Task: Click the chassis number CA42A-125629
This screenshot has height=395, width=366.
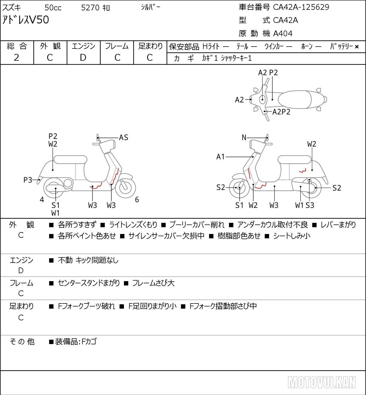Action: pyautogui.click(x=301, y=7)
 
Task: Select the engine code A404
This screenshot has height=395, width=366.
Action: pyautogui.click(x=283, y=34)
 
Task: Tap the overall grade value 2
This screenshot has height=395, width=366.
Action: pyautogui.click(x=16, y=57)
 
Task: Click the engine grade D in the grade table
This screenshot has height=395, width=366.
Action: pyautogui.click(x=83, y=57)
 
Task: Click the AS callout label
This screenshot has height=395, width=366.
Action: pyautogui.click(x=123, y=138)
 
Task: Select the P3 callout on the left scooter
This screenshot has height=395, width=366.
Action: pyautogui.click(x=28, y=180)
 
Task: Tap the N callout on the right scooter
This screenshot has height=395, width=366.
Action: pyautogui.click(x=244, y=138)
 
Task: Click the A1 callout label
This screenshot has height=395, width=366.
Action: pyautogui.click(x=220, y=157)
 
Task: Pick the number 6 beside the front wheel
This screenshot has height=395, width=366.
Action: pyautogui.click(x=137, y=199)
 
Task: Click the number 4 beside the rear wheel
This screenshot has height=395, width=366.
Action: pyautogui.click(x=42, y=199)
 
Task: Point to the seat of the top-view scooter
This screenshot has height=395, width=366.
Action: pyautogui.click(x=295, y=99)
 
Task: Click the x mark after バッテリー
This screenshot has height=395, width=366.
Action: pyautogui.click(x=357, y=47)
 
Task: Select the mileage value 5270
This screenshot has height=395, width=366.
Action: pyautogui.click(x=90, y=8)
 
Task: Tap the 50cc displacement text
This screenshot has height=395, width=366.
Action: pyautogui.click(x=53, y=8)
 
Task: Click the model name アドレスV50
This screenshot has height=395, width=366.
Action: pyautogui.click(x=25, y=20)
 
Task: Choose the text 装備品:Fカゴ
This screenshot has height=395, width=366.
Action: pyautogui.click(x=76, y=342)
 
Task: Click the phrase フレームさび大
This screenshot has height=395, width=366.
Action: pyautogui.click(x=153, y=283)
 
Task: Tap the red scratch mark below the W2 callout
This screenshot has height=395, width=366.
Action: pyautogui.click(x=302, y=171)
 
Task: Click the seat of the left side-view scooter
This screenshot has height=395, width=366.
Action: pyautogui.click(x=70, y=160)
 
